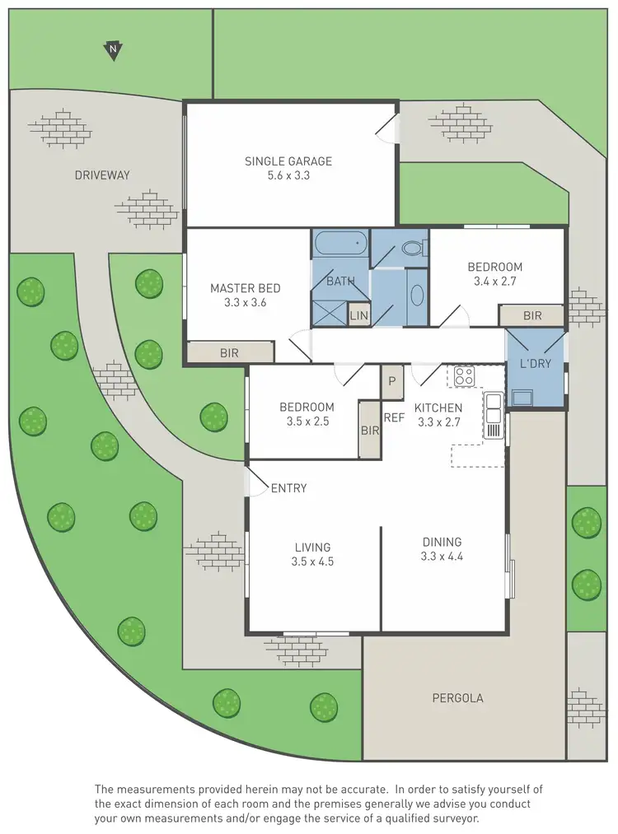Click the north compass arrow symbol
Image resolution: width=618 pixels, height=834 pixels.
coord(112,51)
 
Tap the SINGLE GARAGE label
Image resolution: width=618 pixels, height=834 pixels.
coord(288,161)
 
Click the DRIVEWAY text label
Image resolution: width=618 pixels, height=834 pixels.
coord(102,175)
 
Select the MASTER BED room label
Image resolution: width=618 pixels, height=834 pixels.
coord(245,288)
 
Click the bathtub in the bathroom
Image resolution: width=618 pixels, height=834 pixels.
coord(339,245)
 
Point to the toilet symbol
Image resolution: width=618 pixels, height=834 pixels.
coord(412,248)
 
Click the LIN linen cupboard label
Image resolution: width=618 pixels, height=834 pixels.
coord(358,315)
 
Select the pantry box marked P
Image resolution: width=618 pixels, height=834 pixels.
coord(392,381)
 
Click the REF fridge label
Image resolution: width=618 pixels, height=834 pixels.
coord(394,417)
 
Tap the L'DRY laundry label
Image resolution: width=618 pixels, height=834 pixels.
coord(535,364)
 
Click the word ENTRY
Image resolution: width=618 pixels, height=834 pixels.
coord(288,488)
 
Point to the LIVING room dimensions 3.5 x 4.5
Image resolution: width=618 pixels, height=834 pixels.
coord(312,562)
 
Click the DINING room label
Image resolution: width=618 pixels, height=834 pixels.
coord(442,542)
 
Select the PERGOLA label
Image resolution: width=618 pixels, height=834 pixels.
coord(457,698)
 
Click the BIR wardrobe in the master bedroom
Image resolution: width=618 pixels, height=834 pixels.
coord(229,352)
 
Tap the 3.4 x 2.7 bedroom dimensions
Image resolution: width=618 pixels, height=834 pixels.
coord(495,282)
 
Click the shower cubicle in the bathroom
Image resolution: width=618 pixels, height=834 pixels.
coord(329,313)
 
